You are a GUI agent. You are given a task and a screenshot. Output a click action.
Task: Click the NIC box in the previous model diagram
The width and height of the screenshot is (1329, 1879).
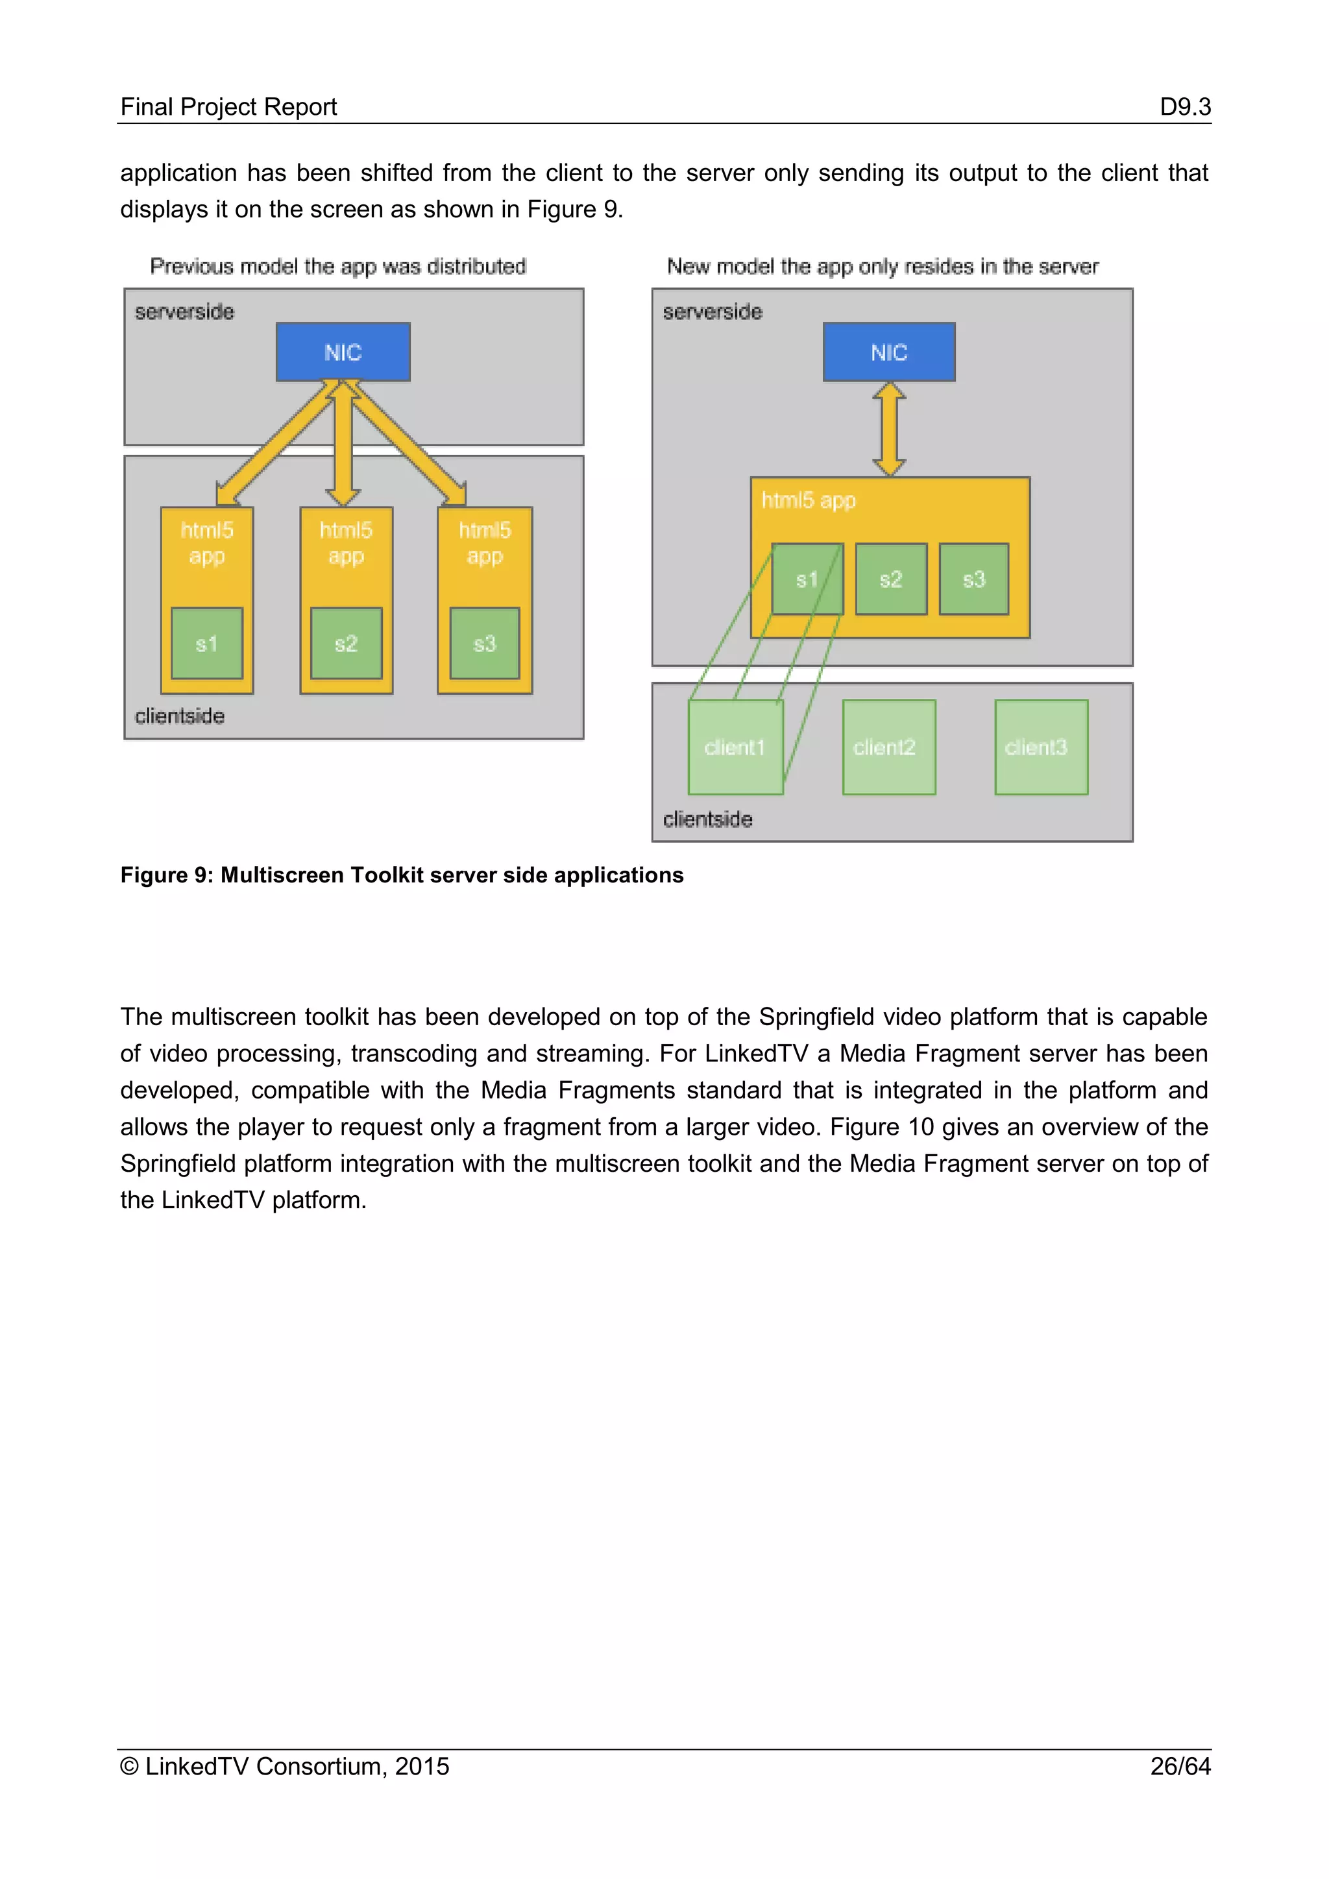343,352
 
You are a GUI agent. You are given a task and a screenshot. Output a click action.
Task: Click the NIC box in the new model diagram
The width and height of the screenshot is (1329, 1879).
889,352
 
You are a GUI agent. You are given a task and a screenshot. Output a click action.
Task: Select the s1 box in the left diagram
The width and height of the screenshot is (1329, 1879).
207,643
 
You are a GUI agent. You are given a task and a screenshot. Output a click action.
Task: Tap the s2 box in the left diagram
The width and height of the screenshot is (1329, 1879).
346,643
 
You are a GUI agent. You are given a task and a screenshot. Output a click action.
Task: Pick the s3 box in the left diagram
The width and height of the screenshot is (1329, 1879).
485,643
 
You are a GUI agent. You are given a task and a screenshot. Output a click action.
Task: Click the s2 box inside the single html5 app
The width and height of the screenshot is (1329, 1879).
891,579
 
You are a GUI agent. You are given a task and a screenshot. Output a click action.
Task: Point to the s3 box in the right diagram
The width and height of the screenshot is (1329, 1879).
974,579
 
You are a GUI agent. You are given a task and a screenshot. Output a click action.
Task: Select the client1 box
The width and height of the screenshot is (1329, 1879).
735,747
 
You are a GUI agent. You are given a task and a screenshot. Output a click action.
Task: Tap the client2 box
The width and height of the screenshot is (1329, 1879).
889,747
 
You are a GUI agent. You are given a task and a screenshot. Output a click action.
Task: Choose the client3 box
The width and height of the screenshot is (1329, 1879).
1041,747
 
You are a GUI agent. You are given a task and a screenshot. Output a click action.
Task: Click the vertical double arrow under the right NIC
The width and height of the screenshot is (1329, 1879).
889,429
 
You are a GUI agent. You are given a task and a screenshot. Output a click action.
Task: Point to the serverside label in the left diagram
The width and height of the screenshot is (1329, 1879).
184,312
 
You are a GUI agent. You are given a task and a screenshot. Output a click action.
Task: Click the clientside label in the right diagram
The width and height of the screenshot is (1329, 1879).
708,819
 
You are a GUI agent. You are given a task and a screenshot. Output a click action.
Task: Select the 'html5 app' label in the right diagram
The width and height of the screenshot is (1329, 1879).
809,500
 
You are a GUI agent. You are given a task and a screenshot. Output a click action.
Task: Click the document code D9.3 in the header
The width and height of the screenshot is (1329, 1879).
1185,106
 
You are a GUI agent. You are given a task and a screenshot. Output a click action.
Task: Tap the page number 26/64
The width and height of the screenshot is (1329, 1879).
1180,1766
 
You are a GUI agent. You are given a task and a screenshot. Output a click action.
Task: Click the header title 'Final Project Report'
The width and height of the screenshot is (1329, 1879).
228,106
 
